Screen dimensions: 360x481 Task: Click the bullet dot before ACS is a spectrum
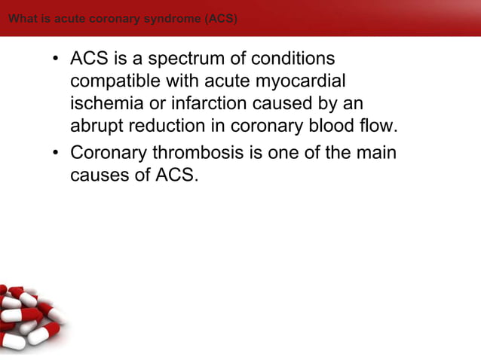coord(57,59)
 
